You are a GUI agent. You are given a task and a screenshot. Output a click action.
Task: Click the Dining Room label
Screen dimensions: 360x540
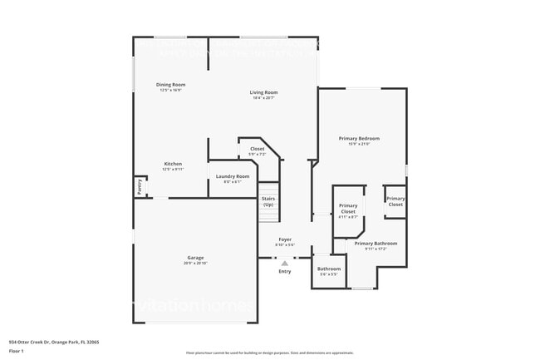(x=171, y=85)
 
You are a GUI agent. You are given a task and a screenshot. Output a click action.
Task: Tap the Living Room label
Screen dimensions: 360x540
(x=264, y=92)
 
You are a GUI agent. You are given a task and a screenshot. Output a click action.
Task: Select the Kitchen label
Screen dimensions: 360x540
(x=173, y=164)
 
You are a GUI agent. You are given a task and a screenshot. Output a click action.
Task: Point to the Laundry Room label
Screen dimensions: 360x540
(x=232, y=176)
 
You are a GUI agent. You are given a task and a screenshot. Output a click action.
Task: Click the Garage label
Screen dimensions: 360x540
(x=195, y=258)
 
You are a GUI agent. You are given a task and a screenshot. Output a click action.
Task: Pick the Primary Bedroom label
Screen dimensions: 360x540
(x=359, y=138)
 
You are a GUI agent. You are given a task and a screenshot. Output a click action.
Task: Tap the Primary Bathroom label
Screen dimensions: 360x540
(x=376, y=244)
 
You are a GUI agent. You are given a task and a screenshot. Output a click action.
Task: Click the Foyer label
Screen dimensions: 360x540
(x=285, y=239)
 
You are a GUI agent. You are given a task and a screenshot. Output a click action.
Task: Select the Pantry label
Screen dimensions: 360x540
(x=139, y=187)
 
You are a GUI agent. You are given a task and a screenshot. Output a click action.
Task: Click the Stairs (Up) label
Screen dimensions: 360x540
(x=268, y=201)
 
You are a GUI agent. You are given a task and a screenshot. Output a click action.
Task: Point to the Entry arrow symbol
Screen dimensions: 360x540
(x=284, y=263)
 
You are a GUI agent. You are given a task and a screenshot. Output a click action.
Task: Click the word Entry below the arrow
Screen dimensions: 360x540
(x=285, y=271)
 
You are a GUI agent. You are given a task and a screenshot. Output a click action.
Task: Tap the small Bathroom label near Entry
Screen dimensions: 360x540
(x=329, y=269)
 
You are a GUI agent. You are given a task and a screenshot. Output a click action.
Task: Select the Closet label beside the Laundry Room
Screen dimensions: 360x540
(x=258, y=149)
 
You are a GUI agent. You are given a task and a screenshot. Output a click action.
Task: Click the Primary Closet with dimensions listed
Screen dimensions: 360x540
(x=348, y=209)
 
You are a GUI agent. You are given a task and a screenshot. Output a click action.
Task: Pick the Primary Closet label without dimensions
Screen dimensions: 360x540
(x=395, y=201)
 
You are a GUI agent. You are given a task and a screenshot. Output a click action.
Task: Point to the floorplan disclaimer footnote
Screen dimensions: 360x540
(x=270, y=353)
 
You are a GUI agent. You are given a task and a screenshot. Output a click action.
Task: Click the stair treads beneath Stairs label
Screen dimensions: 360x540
(x=268, y=215)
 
